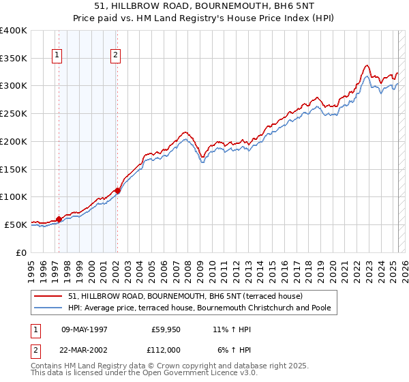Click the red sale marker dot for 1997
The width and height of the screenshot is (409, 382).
coord(59,219)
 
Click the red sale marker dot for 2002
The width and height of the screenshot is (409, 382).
coord(117,190)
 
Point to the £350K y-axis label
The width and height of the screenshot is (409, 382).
coord(14,59)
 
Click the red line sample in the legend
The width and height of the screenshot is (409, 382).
coord(48,296)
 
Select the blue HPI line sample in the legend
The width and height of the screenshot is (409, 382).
coord(48,308)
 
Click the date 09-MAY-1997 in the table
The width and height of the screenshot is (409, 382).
coord(85,329)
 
